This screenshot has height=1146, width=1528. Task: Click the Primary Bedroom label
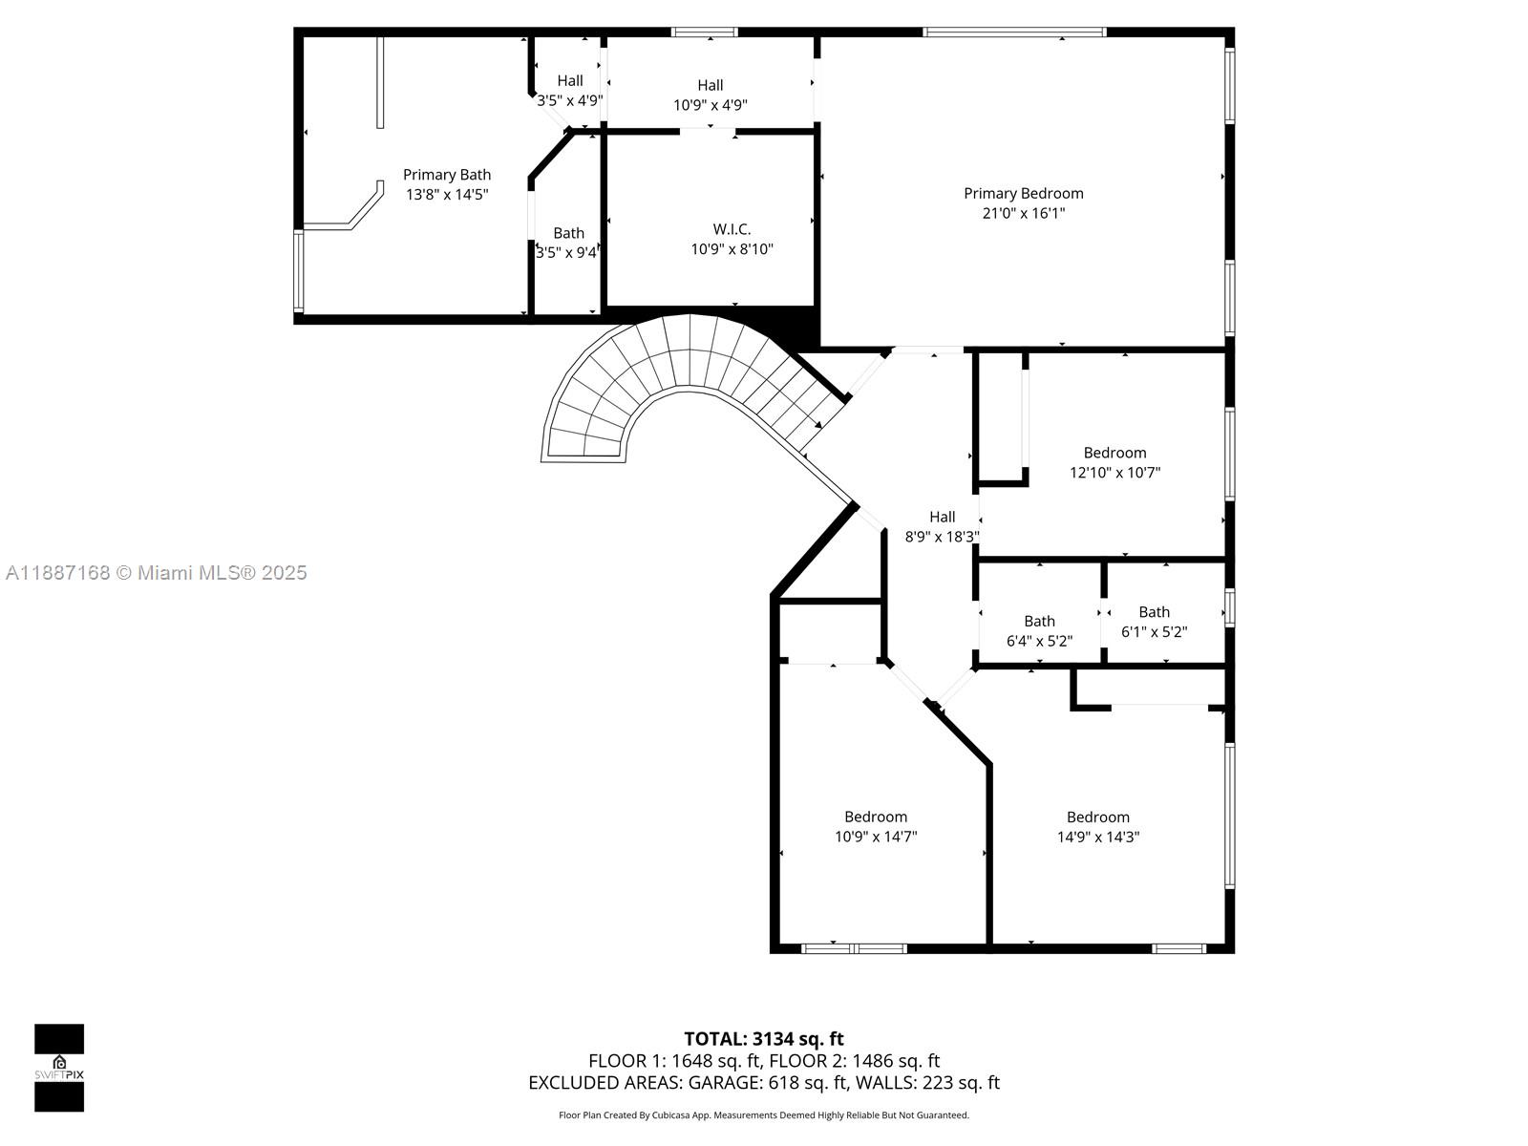1023,193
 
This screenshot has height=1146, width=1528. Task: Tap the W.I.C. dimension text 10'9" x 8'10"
732,249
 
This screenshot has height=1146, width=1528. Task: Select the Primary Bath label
447,175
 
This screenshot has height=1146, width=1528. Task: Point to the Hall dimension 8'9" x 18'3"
942,537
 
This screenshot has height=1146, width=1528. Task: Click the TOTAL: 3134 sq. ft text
763,1039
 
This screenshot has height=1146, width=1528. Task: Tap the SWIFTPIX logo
59,1068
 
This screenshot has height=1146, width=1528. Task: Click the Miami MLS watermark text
156,573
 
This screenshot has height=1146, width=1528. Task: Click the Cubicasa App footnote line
763,1115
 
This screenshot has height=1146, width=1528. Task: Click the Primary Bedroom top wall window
1014,32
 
